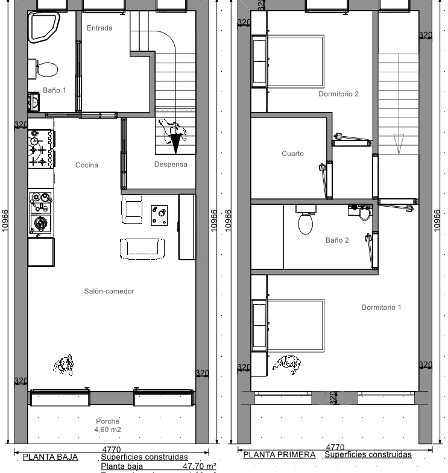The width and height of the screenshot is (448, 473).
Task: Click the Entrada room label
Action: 99,28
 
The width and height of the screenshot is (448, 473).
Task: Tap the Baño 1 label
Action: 54,90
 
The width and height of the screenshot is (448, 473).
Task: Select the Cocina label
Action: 86,165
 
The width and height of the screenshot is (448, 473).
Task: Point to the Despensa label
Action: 171,164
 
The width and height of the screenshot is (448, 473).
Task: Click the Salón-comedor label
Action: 109,292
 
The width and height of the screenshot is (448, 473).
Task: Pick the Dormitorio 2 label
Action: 338,94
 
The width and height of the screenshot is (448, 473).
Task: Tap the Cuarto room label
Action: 292,154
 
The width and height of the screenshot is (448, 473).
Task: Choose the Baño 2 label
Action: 337,240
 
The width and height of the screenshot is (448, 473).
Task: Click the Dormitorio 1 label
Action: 381,308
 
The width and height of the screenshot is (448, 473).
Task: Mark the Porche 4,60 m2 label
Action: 108,425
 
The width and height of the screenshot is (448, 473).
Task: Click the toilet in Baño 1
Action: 46,68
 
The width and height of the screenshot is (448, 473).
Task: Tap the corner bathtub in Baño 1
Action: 44,28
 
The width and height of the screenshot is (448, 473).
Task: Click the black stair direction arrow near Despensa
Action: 175,144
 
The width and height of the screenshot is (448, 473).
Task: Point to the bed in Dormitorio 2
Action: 295,60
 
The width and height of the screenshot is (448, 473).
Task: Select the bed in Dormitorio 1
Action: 295,325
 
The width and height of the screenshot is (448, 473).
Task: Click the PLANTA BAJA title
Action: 51,457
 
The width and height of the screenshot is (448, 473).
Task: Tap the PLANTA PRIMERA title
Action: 279,455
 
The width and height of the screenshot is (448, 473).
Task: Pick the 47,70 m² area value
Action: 199,466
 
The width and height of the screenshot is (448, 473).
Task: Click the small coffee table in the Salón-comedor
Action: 159,215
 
